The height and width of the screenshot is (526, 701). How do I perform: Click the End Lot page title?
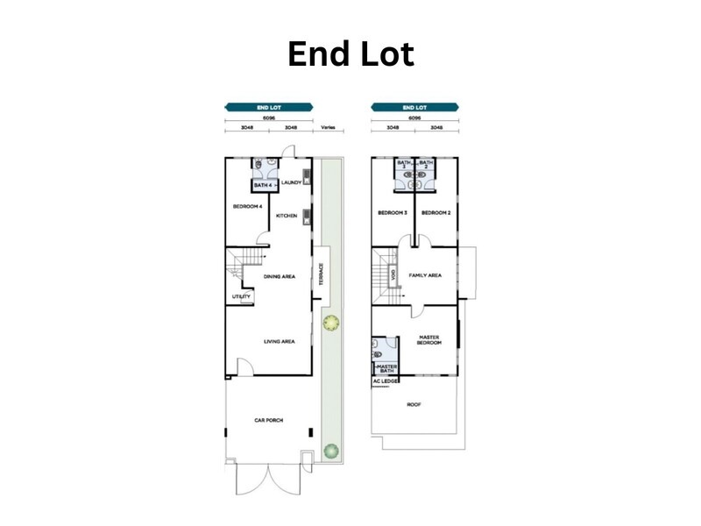tap(350, 54)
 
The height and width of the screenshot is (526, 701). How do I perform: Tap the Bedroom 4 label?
tap(247, 207)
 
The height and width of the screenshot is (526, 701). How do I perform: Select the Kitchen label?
tap(287, 216)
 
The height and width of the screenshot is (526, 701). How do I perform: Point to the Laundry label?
tap(292, 182)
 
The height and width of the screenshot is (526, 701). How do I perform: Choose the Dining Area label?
tap(280, 276)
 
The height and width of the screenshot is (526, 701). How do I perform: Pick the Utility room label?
tap(241, 296)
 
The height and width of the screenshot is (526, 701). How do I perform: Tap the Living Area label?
tap(279, 341)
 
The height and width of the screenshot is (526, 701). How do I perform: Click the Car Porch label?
tap(269, 420)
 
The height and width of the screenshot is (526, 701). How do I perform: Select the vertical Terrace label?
tap(322, 276)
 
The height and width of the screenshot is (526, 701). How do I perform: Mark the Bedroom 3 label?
tap(391, 213)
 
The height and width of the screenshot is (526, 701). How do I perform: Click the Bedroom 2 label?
tap(435, 213)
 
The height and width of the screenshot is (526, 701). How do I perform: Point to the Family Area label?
tap(425, 275)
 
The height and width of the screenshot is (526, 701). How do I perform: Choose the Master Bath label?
tap(386, 368)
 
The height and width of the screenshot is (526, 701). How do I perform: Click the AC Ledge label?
tap(386, 382)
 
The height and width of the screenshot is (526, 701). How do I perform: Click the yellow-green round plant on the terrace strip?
tap(330, 323)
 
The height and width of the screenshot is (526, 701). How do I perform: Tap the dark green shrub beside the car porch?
tap(330, 451)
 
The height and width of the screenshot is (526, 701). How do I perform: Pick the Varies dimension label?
tap(328, 127)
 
